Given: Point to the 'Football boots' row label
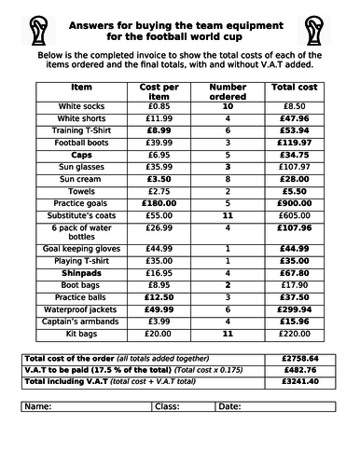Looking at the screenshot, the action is click(82, 142).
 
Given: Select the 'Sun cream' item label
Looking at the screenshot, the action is click(82, 177).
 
